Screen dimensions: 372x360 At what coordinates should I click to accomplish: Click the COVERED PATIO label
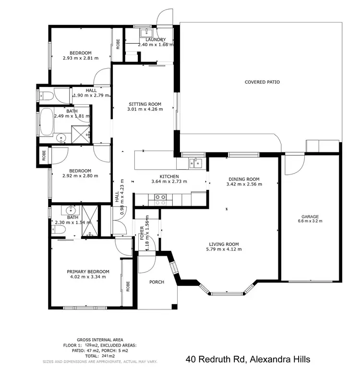point(262,82)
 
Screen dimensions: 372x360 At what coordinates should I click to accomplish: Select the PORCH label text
point(156,282)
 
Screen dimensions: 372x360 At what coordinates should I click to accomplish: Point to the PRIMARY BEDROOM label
point(88,272)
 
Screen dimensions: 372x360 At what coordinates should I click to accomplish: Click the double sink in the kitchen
point(195,163)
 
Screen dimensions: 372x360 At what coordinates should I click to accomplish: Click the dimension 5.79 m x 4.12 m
point(224,249)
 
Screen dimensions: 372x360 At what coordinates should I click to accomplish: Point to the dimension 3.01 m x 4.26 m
point(145,109)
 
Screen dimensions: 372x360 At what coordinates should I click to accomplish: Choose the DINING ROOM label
point(244,178)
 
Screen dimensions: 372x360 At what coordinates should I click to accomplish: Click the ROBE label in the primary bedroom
point(128,286)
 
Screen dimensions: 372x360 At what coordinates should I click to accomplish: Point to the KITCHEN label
point(169,176)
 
